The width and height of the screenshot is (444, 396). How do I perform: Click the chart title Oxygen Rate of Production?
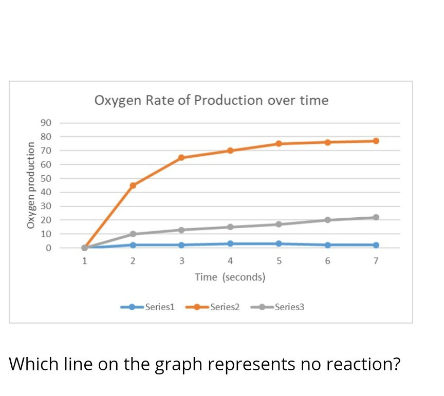point(211,100)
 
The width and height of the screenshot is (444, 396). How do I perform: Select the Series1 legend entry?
point(160,307)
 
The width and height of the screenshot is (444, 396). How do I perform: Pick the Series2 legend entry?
point(225,307)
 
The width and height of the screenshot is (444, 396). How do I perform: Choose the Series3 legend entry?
point(289,307)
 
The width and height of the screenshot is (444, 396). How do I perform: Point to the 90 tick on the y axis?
point(46,123)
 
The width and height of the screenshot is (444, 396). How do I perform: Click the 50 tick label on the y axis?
point(46,179)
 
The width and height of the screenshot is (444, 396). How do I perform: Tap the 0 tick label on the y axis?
point(48,248)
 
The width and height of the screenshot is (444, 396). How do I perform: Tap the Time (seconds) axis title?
point(230,277)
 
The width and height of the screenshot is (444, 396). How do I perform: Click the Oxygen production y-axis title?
point(31,185)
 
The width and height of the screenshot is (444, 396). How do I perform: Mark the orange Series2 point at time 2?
point(133,185)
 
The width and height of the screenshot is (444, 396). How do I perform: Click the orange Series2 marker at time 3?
point(181,158)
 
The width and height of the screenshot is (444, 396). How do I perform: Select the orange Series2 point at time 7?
point(376,141)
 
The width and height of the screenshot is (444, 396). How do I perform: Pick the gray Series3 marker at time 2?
point(133,234)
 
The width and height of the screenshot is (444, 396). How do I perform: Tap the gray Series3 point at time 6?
point(327,220)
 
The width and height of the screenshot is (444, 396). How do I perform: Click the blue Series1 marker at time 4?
point(230,243)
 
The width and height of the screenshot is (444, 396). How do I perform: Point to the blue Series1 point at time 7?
point(376,245)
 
